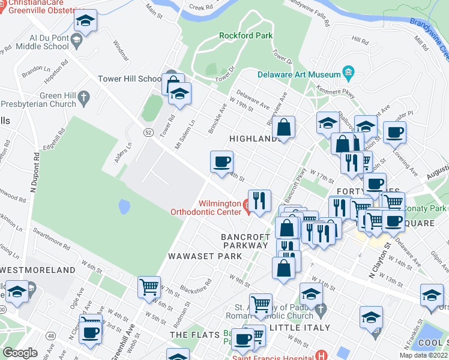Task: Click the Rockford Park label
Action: tap(246, 35)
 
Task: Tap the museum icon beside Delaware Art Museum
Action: tap(349, 74)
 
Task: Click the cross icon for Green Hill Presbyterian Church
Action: tap(84, 96)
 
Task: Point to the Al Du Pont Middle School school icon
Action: tap(76, 41)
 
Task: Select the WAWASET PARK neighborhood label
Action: tap(205, 256)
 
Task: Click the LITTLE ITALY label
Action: tap(300, 328)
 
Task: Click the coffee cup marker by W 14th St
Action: tap(221, 161)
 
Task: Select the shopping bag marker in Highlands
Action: tap(284, 127)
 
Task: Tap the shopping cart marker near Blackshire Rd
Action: tap(149, 286)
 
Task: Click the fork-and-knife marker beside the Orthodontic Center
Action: tap(259, 200)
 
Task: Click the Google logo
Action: tap(20, 353)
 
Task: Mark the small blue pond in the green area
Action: tap(124, 207)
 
